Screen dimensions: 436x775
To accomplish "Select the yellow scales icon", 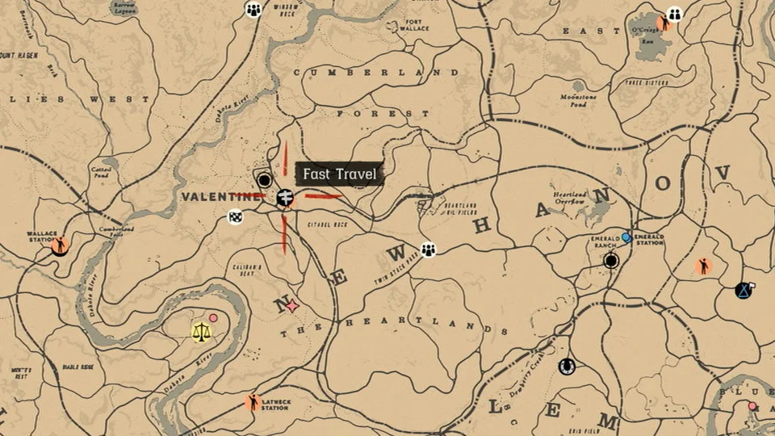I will point(199,332).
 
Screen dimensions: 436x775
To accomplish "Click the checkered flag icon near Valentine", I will point(235,216).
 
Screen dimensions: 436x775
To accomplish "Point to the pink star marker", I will point(292,306).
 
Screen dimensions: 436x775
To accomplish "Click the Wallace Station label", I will point(42,237).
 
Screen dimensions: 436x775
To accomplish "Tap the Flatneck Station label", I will point(275,405).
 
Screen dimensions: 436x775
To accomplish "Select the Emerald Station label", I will point(650,239).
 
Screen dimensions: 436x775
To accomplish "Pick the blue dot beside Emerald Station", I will point(626,237).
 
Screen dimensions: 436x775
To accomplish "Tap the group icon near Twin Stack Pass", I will point(428,249).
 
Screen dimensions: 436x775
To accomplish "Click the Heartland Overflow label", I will point(571,198).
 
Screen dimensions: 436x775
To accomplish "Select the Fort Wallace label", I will point(413,25).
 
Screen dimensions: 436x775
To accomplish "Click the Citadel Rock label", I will point(328,224).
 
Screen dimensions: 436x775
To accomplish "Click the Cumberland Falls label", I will point(117,231).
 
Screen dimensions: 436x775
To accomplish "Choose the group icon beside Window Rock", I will point(253,10).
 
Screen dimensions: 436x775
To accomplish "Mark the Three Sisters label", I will point(645,82).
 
